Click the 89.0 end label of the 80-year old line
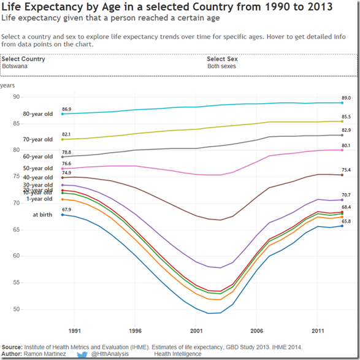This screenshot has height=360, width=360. (346, 98)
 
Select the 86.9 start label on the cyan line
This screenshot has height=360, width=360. (66, 109)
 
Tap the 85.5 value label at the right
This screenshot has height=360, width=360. (346, 117)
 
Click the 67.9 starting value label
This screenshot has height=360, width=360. (66, 210)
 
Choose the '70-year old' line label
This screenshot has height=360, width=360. (38, 140)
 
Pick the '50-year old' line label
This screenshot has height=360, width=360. (38, 168)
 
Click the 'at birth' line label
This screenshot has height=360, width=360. (43, 215)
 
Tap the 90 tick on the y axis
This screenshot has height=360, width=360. (17, 97)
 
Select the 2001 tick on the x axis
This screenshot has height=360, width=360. (196, 330)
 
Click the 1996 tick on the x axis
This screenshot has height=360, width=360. (136, 330)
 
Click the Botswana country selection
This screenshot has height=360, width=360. (14, 66)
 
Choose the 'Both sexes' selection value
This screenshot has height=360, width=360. (221, 66)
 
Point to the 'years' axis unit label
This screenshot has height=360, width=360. (7, 86)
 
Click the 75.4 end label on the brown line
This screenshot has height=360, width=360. (346, 170)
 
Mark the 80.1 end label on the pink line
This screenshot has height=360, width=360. (346, 145)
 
